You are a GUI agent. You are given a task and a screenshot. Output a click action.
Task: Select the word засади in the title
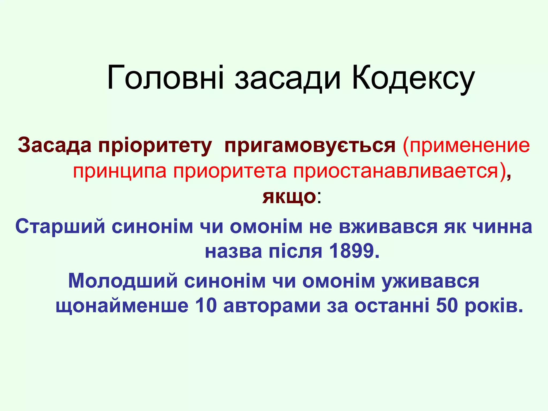tap(288, 79)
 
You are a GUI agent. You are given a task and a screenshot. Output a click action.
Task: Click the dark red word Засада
tap(55, 146)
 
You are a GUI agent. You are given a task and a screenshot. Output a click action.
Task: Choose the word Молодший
tap(123, 281)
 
